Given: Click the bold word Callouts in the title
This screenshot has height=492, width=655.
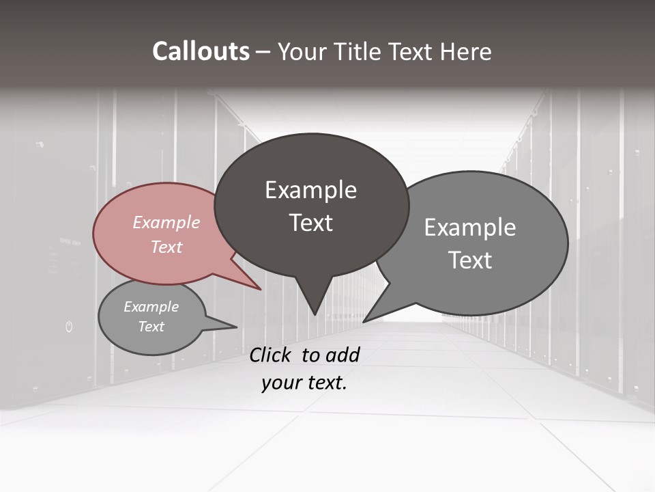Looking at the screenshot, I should click(201, 51).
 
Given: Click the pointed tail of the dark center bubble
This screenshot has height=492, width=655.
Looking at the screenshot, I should click(314, 307).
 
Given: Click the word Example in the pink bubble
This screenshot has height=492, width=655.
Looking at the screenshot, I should click(166, 223).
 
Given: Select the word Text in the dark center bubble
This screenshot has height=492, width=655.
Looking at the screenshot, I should click(311, 223).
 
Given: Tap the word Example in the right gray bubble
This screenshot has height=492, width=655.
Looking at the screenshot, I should click(470, 228).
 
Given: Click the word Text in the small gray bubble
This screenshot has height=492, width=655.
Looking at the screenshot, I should click(151, 327).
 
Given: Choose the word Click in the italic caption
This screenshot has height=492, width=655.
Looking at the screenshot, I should click(272, 355).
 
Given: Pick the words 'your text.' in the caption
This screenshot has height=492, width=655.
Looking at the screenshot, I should click(304, 383).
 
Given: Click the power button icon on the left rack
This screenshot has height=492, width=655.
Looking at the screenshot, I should click(69, 327).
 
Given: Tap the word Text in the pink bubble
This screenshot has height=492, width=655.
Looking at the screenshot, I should click(166, 247).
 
